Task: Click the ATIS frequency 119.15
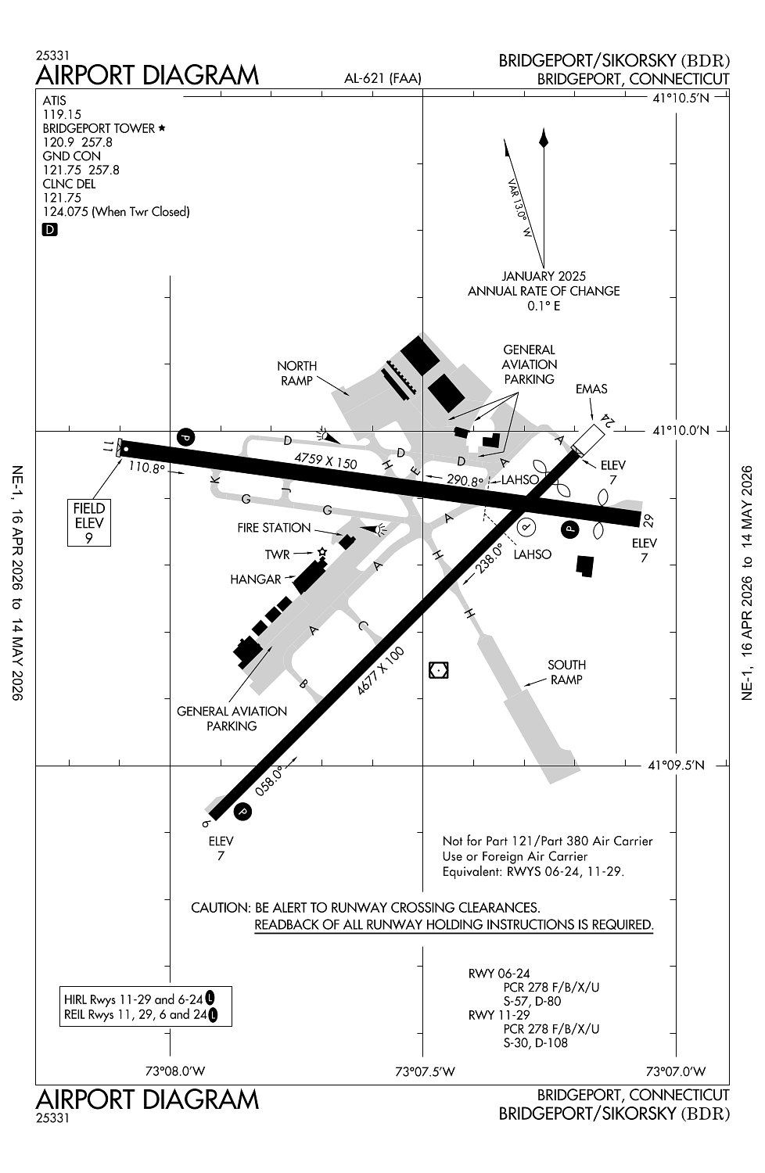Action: tap(62, 114)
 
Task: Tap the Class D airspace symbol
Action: tap(50, 230)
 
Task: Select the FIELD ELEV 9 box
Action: tap(89, 523)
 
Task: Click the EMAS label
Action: tap(591, 389)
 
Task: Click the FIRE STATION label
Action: tap(274, 528)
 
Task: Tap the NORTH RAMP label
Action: tap(297, 373)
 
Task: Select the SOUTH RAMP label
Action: tap(566, 672)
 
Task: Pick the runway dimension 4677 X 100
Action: tap(381, 670)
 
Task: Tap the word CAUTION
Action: tap(220, 908)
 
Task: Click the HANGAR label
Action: tap(255, 579)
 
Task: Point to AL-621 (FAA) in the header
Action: tap(382, 77)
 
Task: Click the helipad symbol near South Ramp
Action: tap(439, 670)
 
